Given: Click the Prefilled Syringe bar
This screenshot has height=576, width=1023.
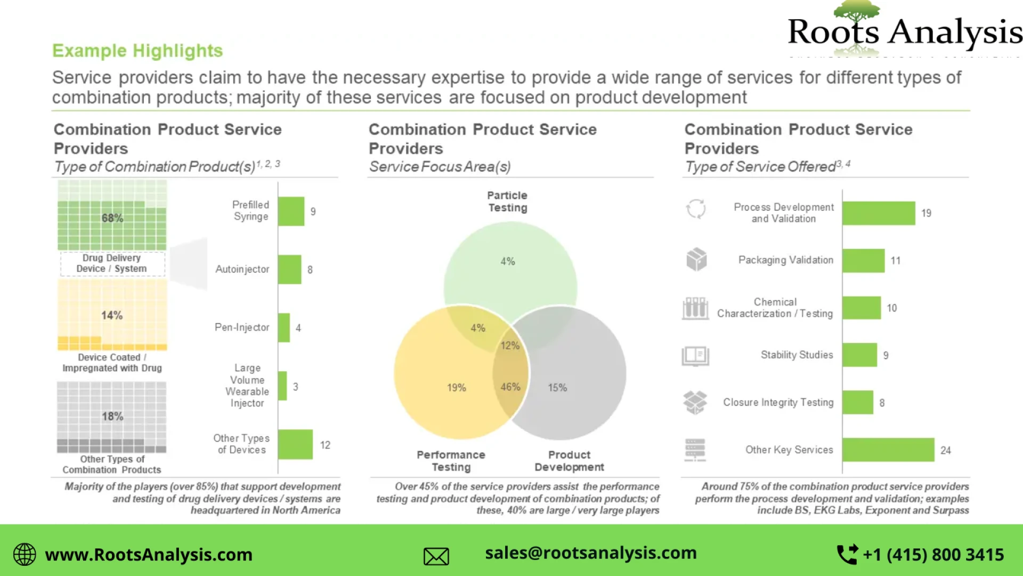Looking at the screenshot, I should [291, 211].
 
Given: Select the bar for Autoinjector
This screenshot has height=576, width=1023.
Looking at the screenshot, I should [289, 269].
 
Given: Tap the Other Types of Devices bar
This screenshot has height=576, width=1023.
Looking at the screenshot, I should [295, 444].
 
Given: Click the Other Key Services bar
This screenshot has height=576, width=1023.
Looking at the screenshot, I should [888, 450].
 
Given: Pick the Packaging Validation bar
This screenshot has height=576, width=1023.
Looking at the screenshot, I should [863, 260].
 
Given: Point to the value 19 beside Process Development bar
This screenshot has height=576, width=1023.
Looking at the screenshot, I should [926, 213].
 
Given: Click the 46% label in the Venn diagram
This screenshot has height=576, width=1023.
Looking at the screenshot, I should [510, 387].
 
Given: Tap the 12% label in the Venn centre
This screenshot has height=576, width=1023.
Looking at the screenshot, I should [510, 346].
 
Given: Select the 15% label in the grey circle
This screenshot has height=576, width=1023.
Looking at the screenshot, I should [557, 388].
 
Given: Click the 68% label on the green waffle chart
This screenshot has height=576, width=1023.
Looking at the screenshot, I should [112, 218].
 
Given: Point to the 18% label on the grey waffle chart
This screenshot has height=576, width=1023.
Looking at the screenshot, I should [112, 416].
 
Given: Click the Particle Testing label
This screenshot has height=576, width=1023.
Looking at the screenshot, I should [507, 202].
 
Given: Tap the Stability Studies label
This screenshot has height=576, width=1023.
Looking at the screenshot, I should [797, 355].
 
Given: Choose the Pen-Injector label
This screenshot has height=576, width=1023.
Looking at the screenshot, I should [242, 327].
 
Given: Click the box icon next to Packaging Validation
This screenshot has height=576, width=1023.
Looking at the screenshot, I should [696, 260].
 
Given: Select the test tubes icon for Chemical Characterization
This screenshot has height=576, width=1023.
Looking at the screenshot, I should [695, 308].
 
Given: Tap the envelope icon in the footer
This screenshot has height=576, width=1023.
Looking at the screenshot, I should [436, 556].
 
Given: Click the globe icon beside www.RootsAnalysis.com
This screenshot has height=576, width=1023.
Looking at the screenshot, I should [25, 555].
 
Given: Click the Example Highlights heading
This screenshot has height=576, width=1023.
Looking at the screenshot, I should [137, 51].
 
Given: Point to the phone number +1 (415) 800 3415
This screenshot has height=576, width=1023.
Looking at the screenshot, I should [933, 555].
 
